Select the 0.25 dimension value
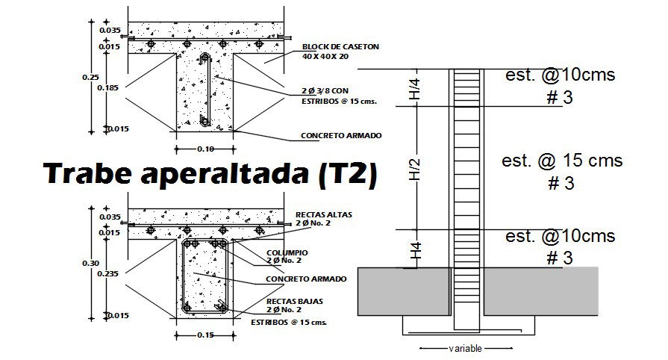[x=90, y=76]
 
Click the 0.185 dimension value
[x=108, y=87]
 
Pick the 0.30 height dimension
[x=90, y=262]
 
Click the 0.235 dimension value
[x=108, y=273]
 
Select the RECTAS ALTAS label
[x=324, y=214]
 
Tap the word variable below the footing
[x=465, y=349]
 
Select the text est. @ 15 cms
[x=561, y=161]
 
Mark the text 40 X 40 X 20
[x=326, y=56]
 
